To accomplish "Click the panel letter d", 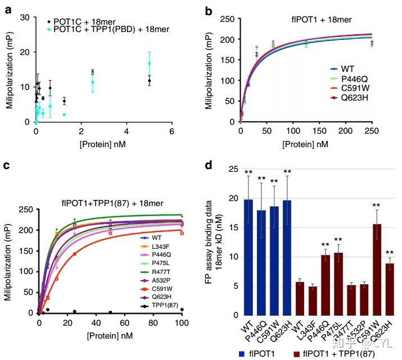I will click(x=209, y=167).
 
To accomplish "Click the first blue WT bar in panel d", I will click(x=249, y=257).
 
